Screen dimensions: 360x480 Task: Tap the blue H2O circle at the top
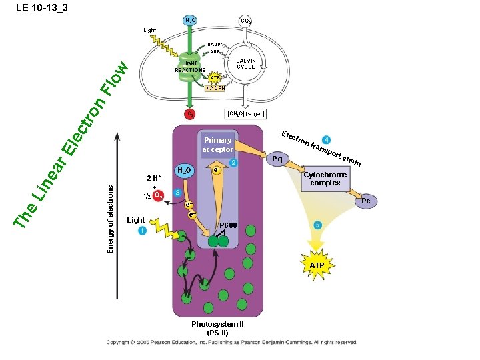190,22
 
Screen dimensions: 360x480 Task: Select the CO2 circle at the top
246,22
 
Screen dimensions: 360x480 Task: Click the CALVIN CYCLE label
246,64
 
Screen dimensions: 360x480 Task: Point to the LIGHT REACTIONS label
190,67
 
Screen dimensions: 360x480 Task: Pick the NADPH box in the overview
215,88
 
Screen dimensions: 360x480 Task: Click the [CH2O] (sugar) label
246,114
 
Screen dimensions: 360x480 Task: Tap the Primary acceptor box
218,145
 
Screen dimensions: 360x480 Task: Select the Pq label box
277,159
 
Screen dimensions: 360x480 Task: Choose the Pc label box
365,201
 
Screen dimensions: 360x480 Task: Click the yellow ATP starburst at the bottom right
317,265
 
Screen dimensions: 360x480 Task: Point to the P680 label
229,225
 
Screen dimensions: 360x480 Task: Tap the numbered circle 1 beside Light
141,231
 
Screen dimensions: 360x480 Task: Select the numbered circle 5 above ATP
318,226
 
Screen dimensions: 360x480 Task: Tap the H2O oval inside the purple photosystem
185,171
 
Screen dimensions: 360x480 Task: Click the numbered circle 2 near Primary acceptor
233,163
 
